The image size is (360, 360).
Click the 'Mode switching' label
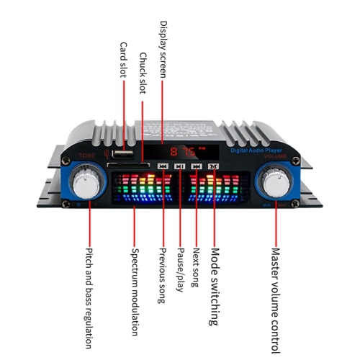click(215, 286)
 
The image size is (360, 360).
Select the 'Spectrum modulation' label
click(135, 292)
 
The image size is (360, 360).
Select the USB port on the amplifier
click(124, 154)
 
